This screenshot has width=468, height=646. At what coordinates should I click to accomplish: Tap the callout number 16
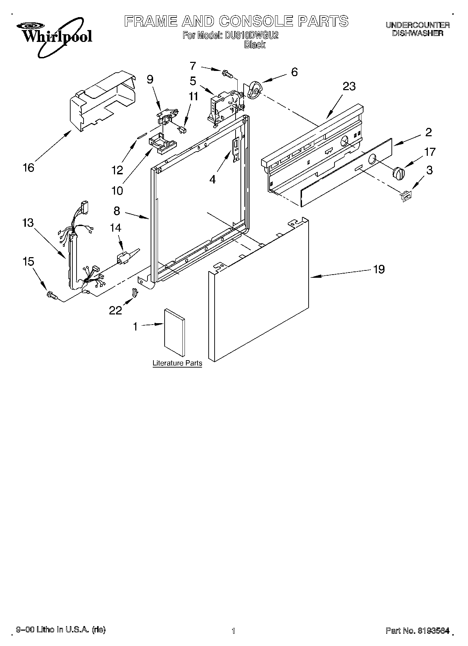pyautogui.click(x=28, y=168)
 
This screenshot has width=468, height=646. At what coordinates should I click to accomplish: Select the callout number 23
pyautogui.click(x=349, y=86)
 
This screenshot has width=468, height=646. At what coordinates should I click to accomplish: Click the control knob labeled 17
pyautogui.click(x=399, y=172)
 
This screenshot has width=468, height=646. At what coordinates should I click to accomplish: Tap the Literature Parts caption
pyautogui.click(x=177, y=363)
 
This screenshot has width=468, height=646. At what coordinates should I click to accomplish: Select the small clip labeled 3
pyautogui.click(x=406, y=196)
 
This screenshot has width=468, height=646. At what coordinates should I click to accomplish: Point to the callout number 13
pyautogui.click(x=28, y=223)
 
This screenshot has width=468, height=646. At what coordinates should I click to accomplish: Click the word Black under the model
pyautogui.click(x=255, y=45)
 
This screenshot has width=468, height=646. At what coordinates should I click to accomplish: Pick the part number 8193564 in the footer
pyautogui.click(x=433, y=631)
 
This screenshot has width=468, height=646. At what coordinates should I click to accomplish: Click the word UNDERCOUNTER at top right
pyautogui.click(x=417, y=25)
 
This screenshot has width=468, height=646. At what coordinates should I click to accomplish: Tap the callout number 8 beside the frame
pyautogui.click(x=117, y=211)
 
